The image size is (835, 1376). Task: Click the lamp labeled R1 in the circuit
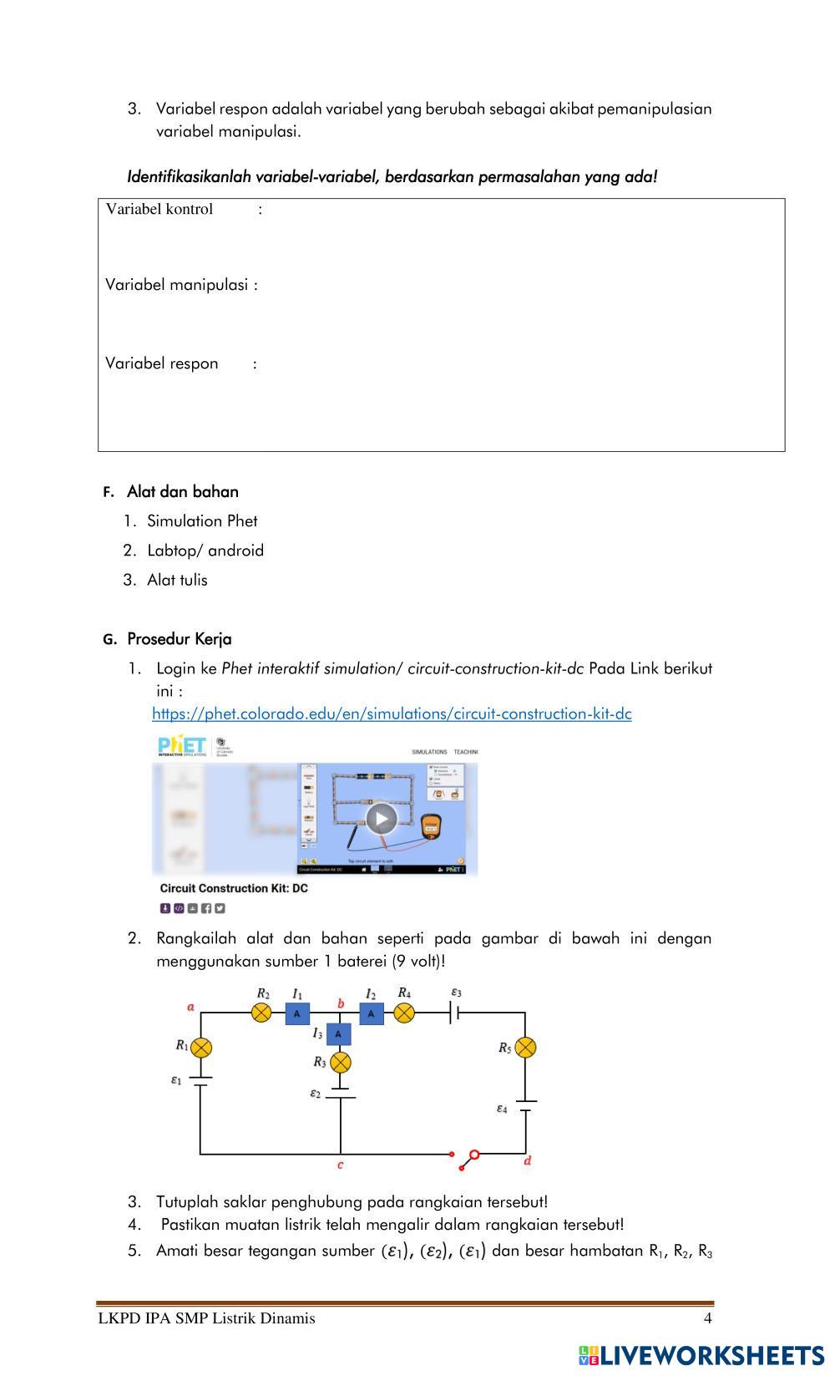tap(201, 1048)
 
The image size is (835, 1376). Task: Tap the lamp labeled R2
tap(261, 1013)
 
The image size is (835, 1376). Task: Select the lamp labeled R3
tap(341, 1063)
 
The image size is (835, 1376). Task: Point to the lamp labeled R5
tap(525, 1048)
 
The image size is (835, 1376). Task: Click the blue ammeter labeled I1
tap(297, 1013)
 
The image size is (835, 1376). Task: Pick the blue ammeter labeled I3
tap(338, 1034)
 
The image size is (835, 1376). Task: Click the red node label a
tap(191, 1007)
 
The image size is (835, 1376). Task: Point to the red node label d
tap(528, 1160)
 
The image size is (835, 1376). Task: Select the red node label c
tap(341, 1165)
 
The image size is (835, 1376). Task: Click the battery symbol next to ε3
tap(455, 1013)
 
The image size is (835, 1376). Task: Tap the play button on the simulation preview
tap(382, 818)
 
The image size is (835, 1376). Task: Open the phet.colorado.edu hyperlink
tap(392, 713)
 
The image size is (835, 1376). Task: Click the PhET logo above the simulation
tap(182, 745)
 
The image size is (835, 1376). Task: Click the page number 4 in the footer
tap(708, 1318)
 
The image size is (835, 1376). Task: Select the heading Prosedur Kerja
tap(179, 639)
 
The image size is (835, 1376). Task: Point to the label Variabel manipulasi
tap(177, 285)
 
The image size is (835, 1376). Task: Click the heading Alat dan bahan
tap(182, 492)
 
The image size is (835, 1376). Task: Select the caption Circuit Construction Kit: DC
tap(234, 888)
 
